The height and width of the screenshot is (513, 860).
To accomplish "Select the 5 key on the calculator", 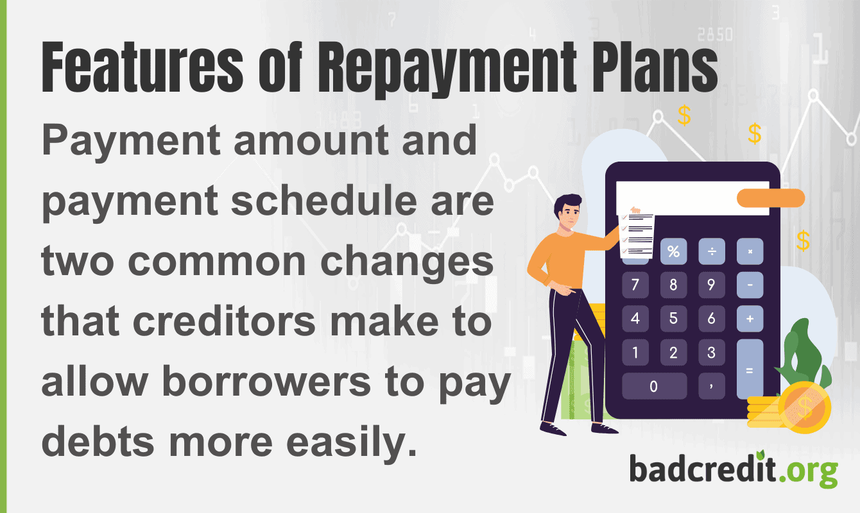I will [673, 318].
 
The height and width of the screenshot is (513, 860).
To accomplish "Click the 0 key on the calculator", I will [654, 386].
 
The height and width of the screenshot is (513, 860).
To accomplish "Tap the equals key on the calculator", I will [750, 369].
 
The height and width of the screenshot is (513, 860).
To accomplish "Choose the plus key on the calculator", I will [750, 318].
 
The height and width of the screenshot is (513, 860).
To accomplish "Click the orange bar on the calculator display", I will [770, 198].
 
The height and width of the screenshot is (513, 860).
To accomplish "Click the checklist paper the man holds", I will [637, 235].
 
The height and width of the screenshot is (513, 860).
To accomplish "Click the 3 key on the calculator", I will [711, 352].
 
